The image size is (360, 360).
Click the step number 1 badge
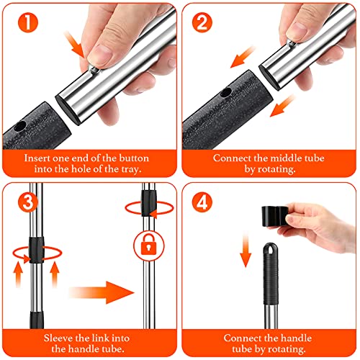28,22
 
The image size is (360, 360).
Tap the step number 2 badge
202,22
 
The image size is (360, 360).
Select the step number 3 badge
28,202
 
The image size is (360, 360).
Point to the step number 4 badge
202,202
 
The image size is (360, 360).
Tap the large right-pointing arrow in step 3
102,292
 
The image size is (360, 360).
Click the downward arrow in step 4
246,250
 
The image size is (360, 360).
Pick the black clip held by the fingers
275,216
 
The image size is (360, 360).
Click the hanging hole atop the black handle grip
271,249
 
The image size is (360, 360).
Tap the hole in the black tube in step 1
19,126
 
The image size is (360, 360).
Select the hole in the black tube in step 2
226,92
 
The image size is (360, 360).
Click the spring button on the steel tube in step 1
94,70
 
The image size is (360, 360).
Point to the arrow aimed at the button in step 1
74,45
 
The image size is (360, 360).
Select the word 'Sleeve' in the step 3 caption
58,338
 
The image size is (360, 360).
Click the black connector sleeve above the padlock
148,203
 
